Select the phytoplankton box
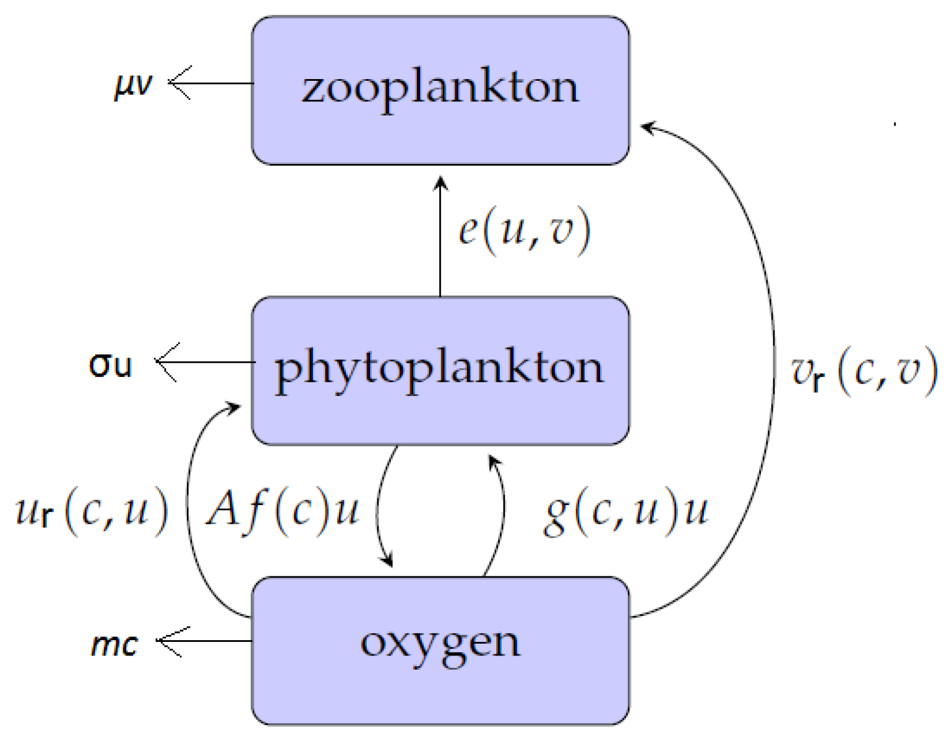point(440,413)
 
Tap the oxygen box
point(440,690)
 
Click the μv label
point(133,84)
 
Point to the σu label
point(110,365)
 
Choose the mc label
point(114,644)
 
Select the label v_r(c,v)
point(864,371)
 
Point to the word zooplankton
point(440,89)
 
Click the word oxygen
point(440,643)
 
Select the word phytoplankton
point(440,369)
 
